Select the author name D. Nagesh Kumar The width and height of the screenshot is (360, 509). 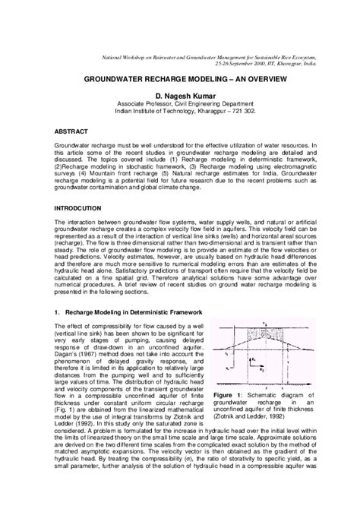click(180, 91)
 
